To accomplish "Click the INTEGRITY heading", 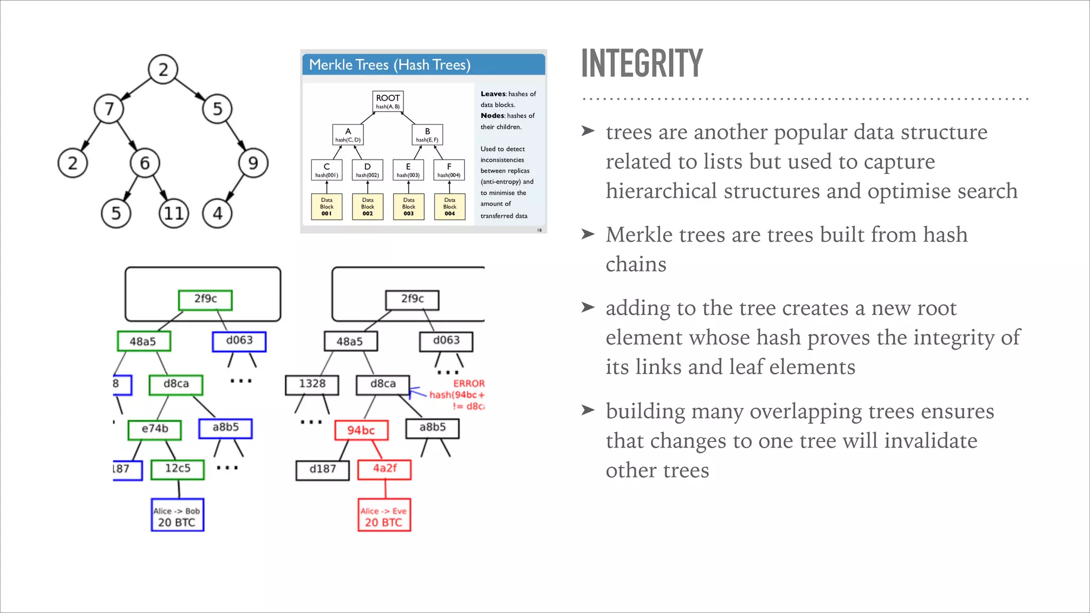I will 642,63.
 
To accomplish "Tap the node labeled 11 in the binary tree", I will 174,214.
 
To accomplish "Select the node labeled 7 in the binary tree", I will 109,109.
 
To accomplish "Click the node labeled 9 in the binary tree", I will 253,163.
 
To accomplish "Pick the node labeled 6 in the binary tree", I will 145,163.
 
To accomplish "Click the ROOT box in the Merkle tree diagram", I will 387,101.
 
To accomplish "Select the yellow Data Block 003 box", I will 409,207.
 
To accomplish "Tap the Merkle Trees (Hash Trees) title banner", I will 424,65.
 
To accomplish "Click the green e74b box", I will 155,429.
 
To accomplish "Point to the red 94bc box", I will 361,430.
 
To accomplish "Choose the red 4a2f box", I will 384,469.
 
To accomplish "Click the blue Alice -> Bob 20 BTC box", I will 177,516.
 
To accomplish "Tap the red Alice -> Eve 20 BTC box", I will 384,516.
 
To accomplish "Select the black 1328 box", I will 312,384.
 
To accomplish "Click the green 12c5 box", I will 177,469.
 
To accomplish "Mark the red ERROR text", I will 468,384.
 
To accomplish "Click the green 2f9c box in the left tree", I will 205,300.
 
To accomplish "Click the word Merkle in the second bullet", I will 638,235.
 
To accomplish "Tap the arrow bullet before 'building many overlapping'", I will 588,410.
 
